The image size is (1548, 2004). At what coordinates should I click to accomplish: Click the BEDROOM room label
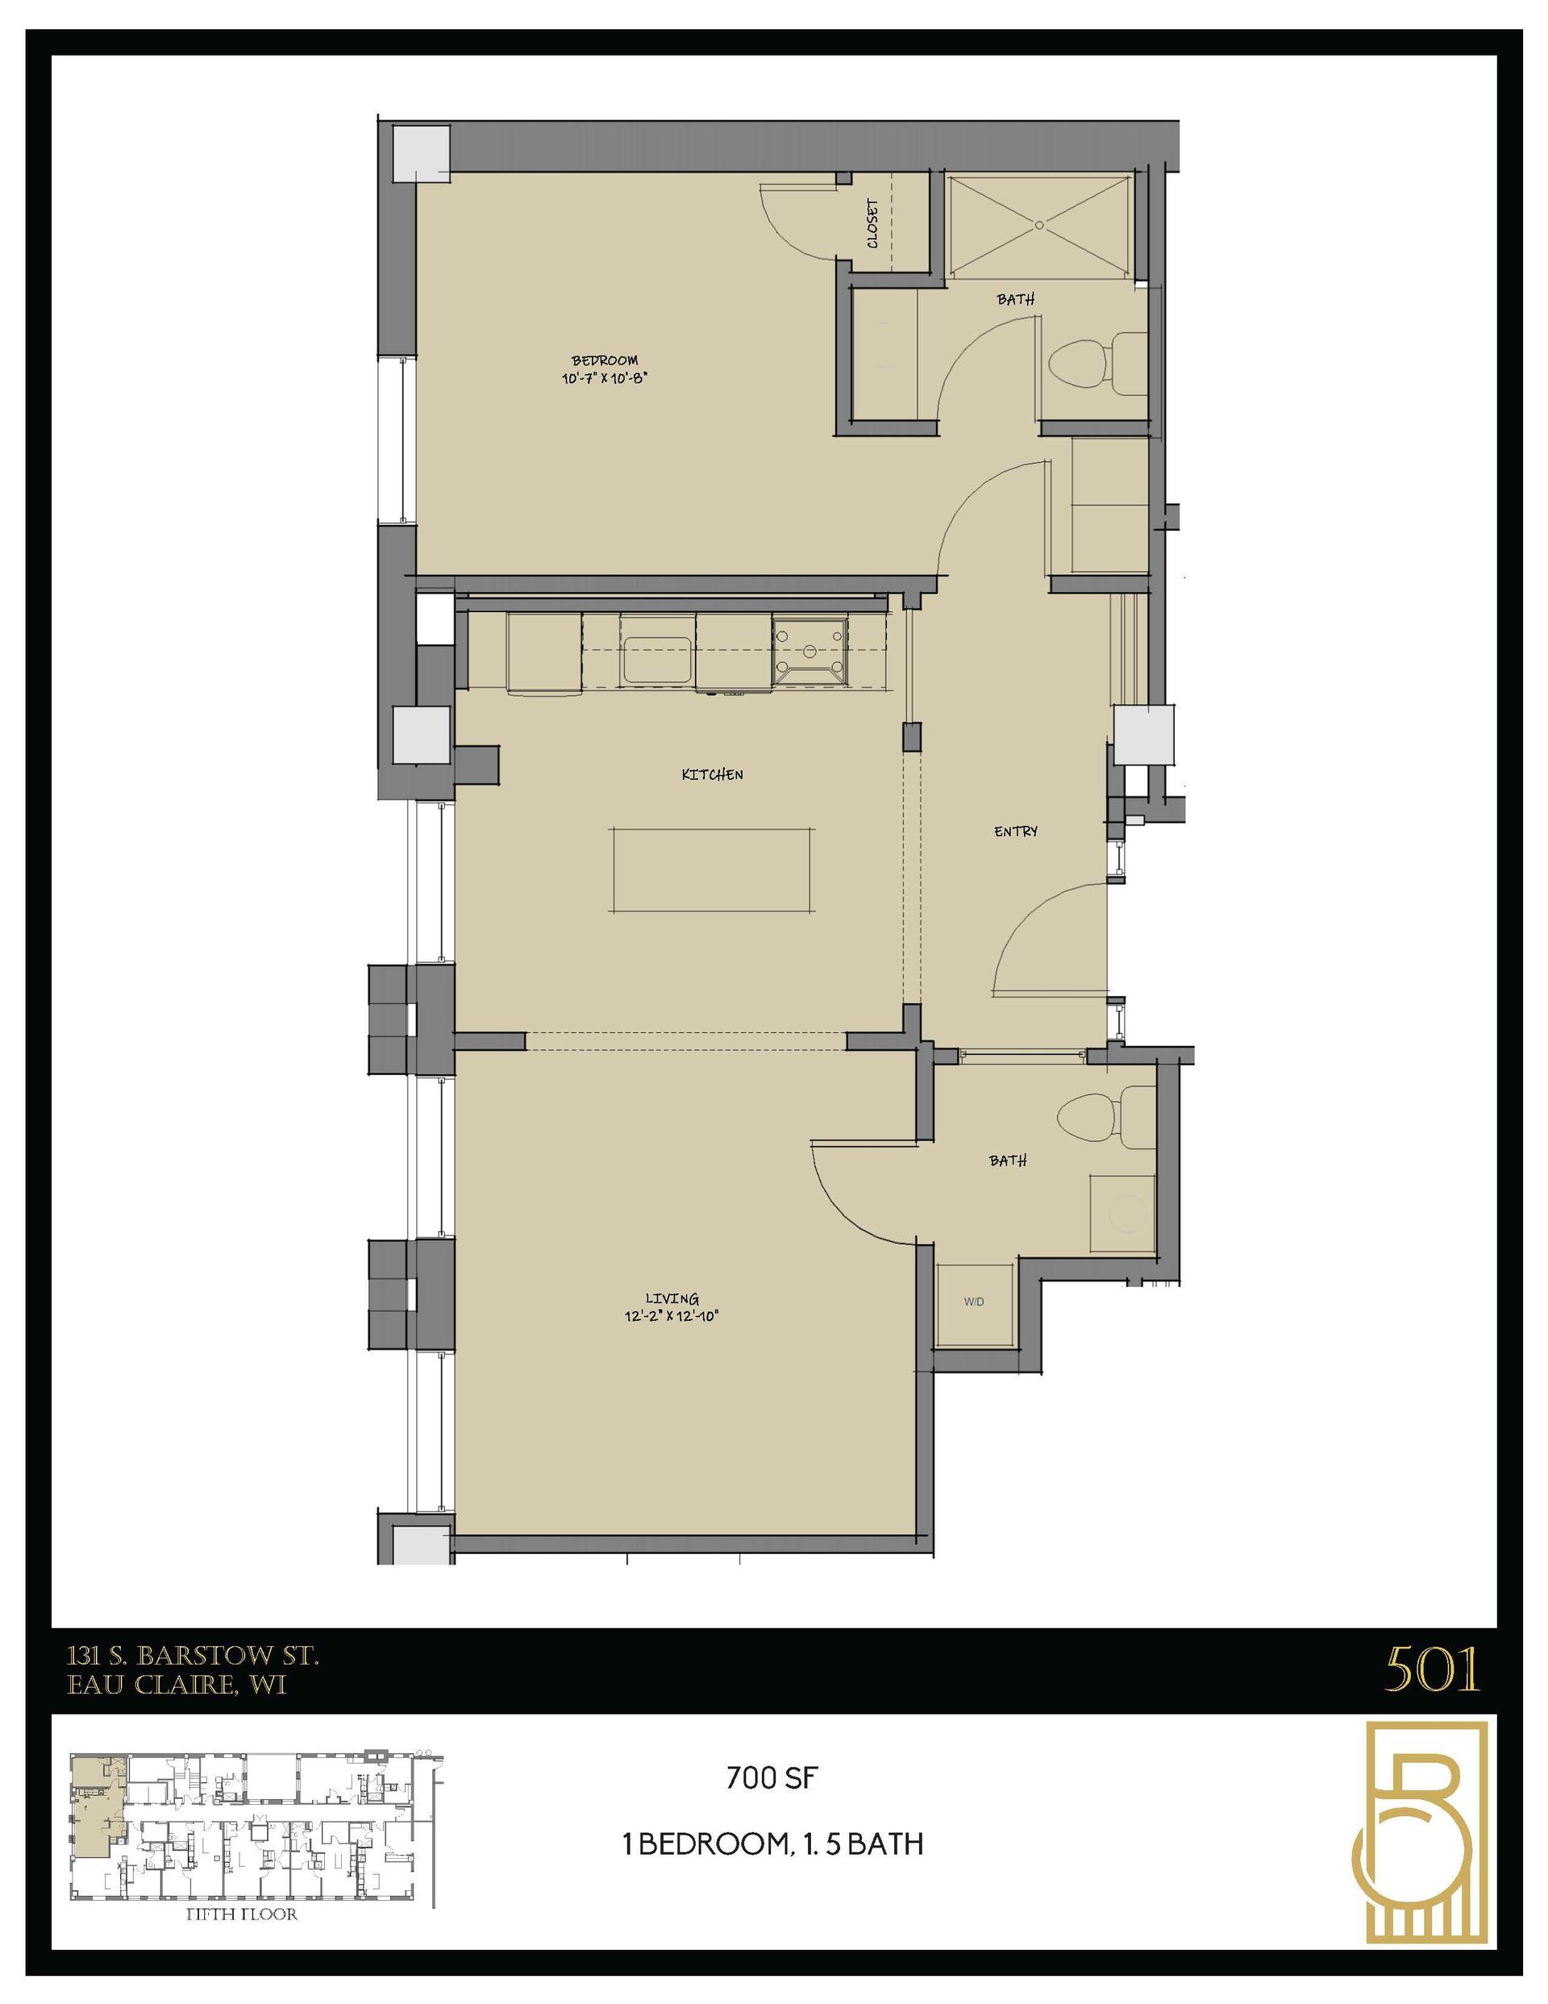click(604, 360)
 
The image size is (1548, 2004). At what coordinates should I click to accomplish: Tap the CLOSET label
click(872, 224)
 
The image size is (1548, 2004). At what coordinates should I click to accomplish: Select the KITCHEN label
click(712, 774)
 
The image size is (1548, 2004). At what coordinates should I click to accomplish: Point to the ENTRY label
click(1016, 831)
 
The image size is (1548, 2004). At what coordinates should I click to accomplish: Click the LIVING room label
click(672, 1298)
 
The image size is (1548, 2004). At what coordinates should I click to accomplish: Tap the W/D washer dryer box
click(975, 1302)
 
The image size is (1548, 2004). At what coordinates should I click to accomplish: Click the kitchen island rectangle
click(711, 870)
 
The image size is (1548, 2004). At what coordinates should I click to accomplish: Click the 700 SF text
click(771, 1778)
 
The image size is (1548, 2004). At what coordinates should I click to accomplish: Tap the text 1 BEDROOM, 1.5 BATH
click(772, 1844)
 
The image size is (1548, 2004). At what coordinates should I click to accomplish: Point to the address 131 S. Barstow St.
click(193, 1656)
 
